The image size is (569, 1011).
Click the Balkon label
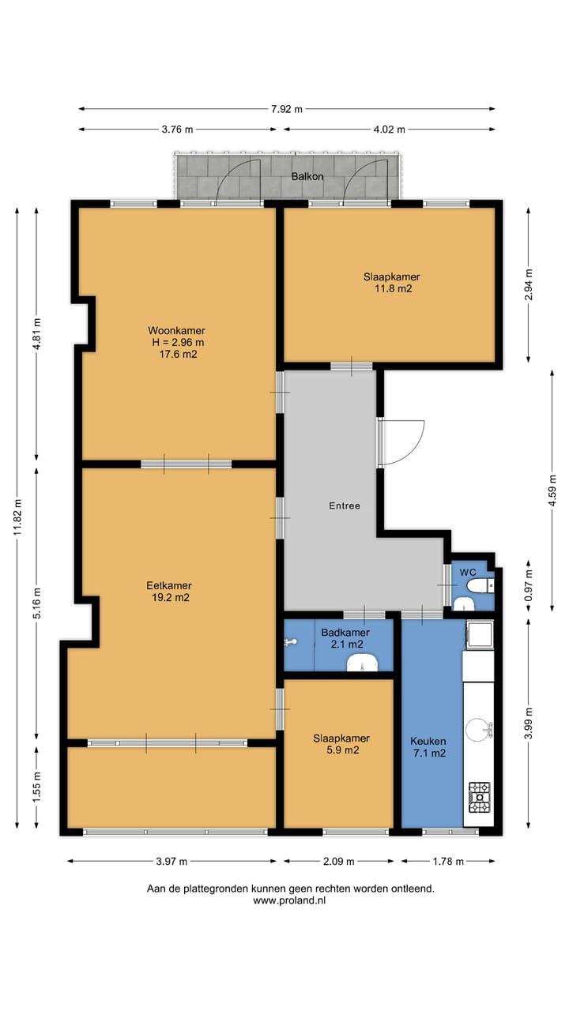307,176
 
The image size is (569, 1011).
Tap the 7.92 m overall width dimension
287,109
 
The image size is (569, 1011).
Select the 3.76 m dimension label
178,130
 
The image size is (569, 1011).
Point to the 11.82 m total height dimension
17,517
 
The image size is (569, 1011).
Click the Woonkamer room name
176,330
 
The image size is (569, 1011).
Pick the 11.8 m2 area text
394,289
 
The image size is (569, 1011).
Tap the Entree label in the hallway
345,506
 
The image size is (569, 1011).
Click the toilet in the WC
480,586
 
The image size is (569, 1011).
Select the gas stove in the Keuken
479,798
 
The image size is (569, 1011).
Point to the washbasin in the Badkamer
362,663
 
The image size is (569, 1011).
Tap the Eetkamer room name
169,585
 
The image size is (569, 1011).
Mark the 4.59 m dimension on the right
552,490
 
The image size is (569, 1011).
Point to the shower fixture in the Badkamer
291,642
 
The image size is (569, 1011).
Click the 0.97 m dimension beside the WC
529,586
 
